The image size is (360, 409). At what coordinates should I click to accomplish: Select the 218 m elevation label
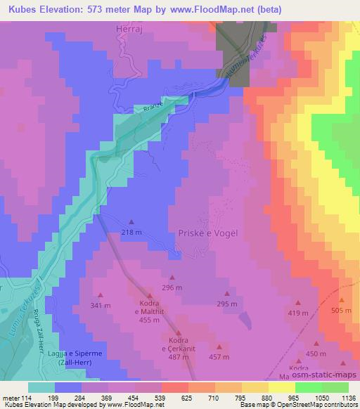point(131,232)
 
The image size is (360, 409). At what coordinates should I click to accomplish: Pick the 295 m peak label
point(226,304)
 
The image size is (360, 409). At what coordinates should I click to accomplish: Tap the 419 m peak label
point(297,312)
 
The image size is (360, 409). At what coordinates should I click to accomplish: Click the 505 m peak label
point(341,310)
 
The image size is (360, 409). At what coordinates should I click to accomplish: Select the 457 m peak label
point(220,358)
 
